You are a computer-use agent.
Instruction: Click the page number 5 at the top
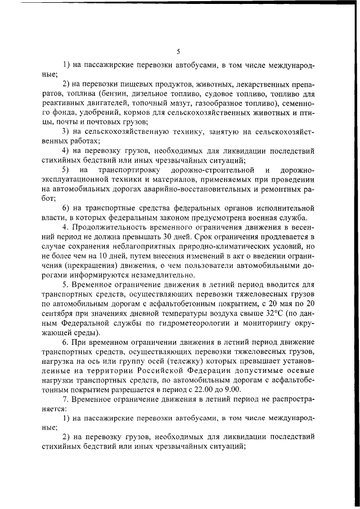click(x=178, y=51)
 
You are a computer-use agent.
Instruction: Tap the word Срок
click(x=199, y=237)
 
